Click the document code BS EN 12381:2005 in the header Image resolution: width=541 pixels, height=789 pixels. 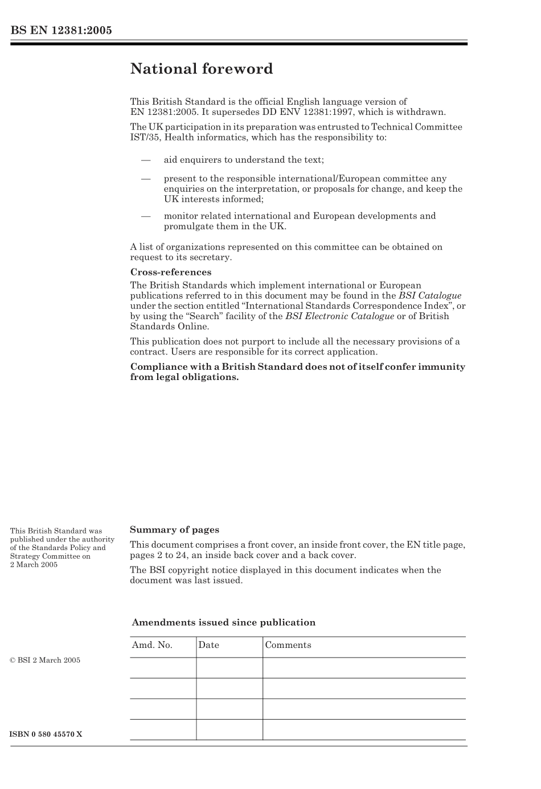[61, 30]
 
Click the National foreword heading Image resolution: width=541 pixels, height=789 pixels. [202, 69]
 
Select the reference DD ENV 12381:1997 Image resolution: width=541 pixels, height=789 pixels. [303, 112]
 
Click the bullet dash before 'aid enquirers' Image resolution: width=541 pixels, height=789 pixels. [146, 160]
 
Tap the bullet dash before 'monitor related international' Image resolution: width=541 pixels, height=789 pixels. [146, 216]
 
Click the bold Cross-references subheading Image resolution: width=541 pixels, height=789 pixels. [171, 272]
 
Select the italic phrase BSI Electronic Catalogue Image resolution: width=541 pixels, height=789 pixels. [339, 316]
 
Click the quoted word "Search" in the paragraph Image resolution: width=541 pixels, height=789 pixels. [202, 316]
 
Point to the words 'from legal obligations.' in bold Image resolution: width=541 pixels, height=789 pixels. [184, 377]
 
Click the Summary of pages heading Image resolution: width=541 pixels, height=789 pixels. [174, 530]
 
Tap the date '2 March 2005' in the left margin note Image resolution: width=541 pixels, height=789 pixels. [34, 565]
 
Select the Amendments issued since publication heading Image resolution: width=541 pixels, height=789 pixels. [223, 622]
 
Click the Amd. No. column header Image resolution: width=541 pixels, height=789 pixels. [152, 645]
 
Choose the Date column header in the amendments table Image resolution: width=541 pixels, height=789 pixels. [208, 645]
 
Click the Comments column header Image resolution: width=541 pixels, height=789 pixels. [288, 645]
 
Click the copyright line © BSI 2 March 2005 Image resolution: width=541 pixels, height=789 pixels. [45, 660]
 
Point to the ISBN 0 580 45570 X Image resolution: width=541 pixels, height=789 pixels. [46, 734]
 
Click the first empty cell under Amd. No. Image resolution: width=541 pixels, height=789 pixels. [163, 668]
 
